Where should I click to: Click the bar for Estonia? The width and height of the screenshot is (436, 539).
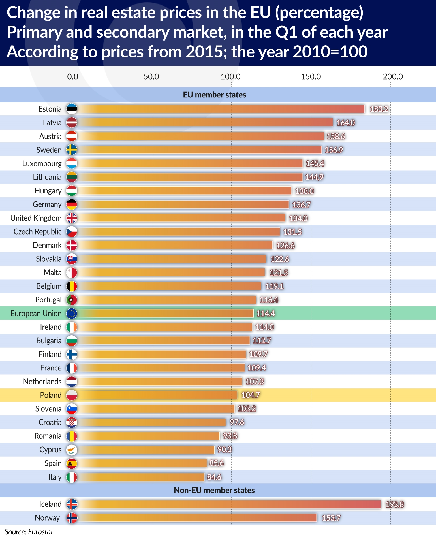point(221,109)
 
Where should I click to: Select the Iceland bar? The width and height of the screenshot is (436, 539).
point(229,504)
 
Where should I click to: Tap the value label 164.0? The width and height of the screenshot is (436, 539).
point(345,123)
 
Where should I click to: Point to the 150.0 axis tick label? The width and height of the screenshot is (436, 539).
point(311,77)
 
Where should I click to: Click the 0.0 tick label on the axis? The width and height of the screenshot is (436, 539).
point(72,77)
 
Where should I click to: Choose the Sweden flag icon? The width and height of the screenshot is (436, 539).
point(72,150)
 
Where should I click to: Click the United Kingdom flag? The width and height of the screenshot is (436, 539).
point(72,218)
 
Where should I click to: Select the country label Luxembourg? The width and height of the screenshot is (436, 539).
point(42,164)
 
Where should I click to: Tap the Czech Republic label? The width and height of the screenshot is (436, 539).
point(37,232)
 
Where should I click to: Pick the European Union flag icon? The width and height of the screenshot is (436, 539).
point(72,314)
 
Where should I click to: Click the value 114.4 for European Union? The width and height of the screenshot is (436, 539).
point(266,314)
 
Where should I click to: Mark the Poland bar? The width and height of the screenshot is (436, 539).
point(157,395)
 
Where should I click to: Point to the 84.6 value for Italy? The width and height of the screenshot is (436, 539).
point(214,477)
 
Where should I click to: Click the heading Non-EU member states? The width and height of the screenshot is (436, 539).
point(214,490)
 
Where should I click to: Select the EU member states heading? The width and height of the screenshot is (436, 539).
point(214,95)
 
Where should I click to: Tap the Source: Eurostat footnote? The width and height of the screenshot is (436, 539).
point(29,532)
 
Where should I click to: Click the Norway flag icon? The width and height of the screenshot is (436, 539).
point(72,518)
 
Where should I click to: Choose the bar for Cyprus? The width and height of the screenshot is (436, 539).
point(146,450)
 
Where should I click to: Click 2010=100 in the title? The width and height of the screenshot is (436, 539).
point(330,52)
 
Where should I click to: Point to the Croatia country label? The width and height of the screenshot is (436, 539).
point(50,422)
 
